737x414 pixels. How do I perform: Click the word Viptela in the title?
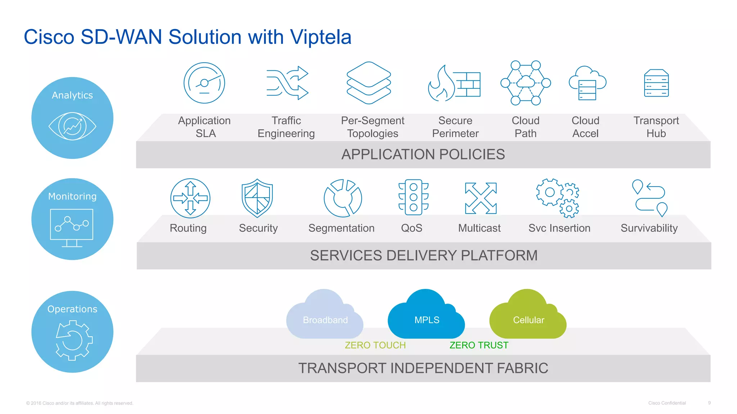[x=320, y=37]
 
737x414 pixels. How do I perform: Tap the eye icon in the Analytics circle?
[x=72, y=126]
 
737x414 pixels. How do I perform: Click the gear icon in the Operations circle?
[x=74, y=340]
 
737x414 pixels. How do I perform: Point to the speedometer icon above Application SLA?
[x=204, y=83]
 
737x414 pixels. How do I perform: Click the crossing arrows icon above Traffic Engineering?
[x=287, y=83]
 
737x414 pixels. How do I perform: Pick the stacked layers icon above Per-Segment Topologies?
[x=368, y=83]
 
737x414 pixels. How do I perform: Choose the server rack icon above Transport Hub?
[x=656, y=83]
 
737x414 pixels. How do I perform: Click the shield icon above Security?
[x=257, y=198]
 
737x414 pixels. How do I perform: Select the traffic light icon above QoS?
[x=413, y=197]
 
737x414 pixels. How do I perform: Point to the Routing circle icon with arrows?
[x=190, y=198]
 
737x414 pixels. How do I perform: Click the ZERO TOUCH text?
[x=375, y=345]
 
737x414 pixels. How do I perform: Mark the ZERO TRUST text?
[x=479, y=345]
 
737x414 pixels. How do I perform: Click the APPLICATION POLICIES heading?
[x=423, y=155]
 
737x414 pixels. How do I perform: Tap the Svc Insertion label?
[x=559, y=228]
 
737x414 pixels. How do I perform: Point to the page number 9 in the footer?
[x=709, y=403]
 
